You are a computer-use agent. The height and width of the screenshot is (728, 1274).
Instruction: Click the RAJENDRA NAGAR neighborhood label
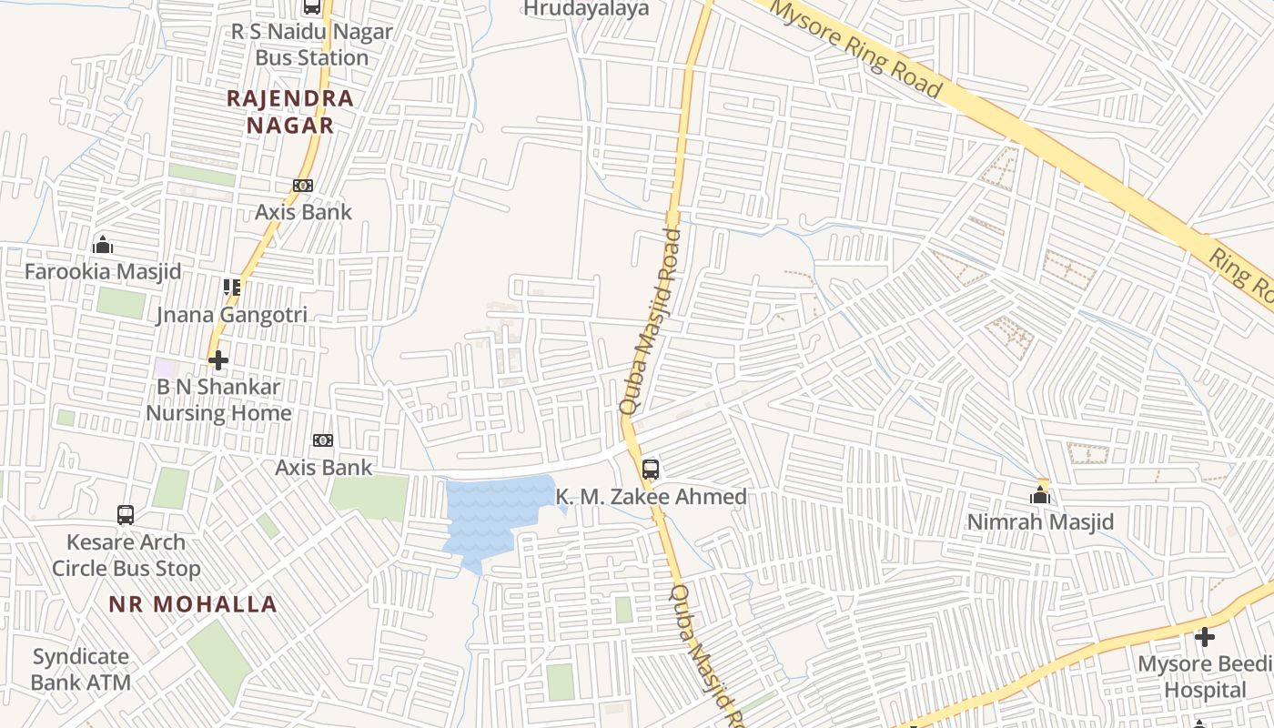[289, 111]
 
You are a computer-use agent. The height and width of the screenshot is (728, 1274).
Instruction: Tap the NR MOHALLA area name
[193, 604]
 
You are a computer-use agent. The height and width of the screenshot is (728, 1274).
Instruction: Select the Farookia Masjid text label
[103, 271]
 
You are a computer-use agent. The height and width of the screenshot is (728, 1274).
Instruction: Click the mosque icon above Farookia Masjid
[103, 245]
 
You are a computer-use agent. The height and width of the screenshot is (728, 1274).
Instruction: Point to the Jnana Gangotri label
[232, 315]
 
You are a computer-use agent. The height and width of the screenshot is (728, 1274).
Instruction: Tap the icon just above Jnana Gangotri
[232, 288]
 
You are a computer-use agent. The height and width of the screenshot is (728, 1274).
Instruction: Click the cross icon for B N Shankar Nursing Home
[218, 360]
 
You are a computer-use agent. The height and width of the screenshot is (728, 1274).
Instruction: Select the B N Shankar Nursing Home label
[218, 399]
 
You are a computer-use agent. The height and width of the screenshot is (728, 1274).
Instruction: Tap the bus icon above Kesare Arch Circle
[126, 515]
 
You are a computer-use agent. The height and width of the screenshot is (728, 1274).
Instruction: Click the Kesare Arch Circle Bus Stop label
[126, 555]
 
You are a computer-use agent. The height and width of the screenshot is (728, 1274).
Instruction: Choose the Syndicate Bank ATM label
[81, 669]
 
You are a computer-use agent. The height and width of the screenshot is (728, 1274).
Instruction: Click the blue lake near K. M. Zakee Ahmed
[491, 514]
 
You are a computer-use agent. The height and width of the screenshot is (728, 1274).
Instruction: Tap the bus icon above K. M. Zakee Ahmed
[651, 470]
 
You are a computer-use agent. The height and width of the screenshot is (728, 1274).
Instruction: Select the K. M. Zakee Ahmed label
[651, 497]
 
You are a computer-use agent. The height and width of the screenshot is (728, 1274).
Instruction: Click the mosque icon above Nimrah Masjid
[1040, 495]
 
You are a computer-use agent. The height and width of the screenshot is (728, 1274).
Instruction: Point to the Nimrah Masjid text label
[1040, 522]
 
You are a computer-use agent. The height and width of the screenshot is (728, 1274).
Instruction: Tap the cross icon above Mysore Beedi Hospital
[1205, 637]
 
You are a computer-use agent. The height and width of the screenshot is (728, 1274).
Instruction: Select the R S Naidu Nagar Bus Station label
[311, 45]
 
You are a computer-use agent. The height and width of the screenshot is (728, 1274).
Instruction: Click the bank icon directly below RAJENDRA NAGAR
[303, 186]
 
